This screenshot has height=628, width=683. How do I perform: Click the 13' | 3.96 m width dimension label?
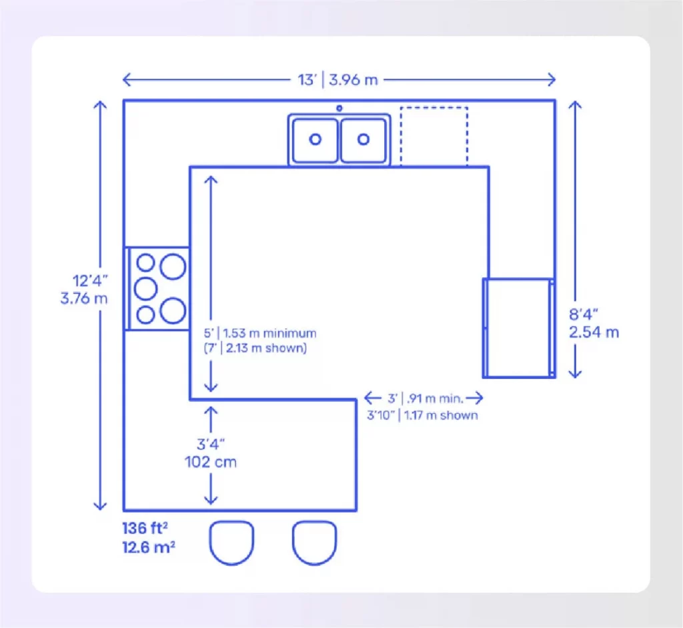[337, 79]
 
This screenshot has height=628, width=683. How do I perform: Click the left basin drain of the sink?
[315, 139]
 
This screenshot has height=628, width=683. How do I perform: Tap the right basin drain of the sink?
[364, 139]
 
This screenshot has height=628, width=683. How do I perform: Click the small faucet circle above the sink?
[339, 107]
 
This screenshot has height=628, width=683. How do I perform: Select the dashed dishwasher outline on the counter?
[434, 136]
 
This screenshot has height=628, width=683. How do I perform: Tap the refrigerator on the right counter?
[518, 328]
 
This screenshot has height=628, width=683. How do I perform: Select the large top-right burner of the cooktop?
[173, 265]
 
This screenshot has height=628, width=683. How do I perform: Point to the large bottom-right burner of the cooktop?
[173, 310]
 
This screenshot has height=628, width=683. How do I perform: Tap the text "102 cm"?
[210, 462]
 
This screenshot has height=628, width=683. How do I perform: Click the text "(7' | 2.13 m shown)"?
[255, 348]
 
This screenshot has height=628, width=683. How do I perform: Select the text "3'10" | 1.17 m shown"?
[422, 415]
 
